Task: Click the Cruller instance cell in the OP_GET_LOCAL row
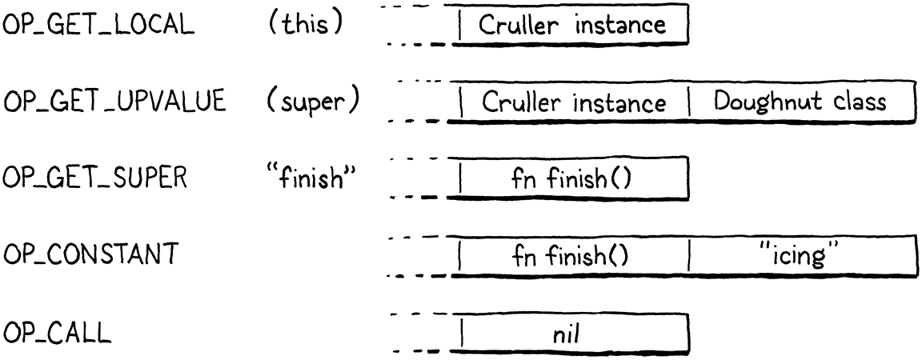(x=572, y=26)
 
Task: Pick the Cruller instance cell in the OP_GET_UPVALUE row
(x=572, y=103)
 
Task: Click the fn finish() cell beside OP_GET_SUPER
(x=572, y=180)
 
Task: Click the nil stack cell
(x=572, y=334)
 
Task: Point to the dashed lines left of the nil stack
(x=416, y=334)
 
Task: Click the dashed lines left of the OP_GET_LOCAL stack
(x=416, y=26)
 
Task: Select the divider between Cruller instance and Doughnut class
(x=687, y=103)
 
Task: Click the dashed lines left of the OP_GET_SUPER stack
(x=416, y=180)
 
